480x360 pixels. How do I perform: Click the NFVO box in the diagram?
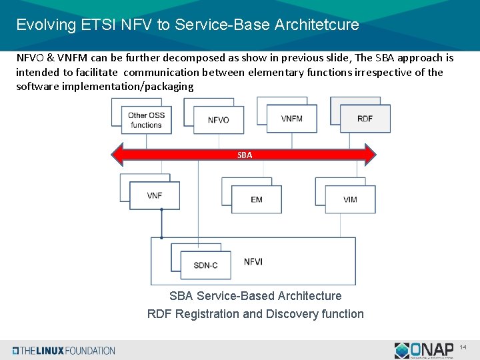click(218, 120)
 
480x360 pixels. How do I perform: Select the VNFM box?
click(291, 119)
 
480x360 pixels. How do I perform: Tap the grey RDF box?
click(365, 119)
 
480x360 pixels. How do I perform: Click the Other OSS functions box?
click(146, 120)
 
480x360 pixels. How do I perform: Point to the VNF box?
click(155, 195)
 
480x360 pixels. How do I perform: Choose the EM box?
click(257, 199)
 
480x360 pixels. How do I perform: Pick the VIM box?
click(350, 199)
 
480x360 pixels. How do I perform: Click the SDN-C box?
click(205, 265)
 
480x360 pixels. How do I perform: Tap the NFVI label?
click(253, 261)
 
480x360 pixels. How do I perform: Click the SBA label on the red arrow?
click(245, 155)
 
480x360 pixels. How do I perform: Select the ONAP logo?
click(425, 350)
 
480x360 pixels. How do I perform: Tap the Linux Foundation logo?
click(64, 351)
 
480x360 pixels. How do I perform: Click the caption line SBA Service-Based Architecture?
click(255, 296)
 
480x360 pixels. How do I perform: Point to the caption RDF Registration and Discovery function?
click(255, 314)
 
